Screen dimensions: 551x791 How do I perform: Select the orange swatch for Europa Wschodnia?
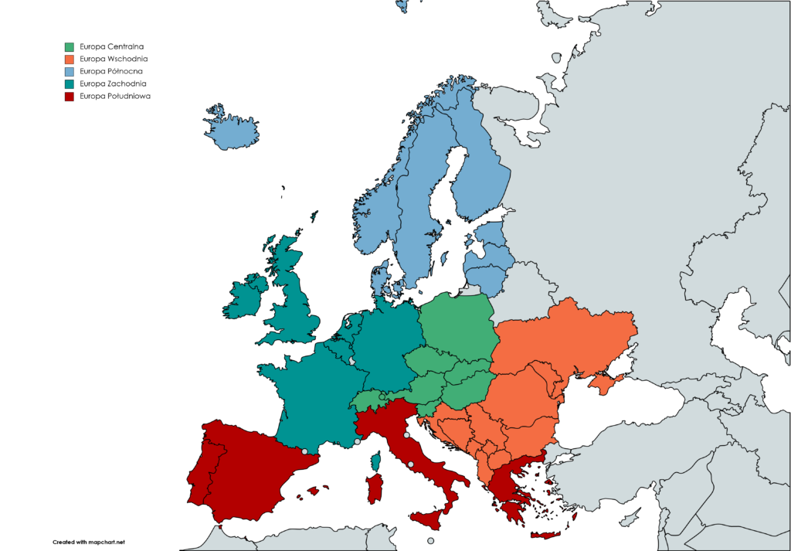[x=70, y=59]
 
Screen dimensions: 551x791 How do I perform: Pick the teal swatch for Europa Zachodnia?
[x=70, y=83]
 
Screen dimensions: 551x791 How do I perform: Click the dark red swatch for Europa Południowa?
[x=70, y=96]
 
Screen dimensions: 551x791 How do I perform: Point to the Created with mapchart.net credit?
[x=88, y=542]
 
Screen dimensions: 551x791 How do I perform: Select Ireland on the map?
[x=243, y=298]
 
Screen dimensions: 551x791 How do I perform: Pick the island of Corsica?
[x=378, y=462]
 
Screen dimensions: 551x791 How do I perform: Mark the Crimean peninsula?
[x=606, y=380]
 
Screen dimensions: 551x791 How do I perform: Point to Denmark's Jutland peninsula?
[x=379, y=278]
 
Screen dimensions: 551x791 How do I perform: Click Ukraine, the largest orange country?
[x=564, y=340]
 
